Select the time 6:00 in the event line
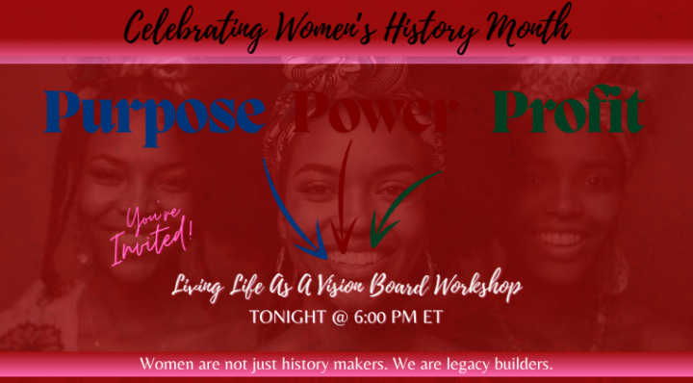tap(369, 317)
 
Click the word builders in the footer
tap(517, 364)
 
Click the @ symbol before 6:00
tap(336, 317)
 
